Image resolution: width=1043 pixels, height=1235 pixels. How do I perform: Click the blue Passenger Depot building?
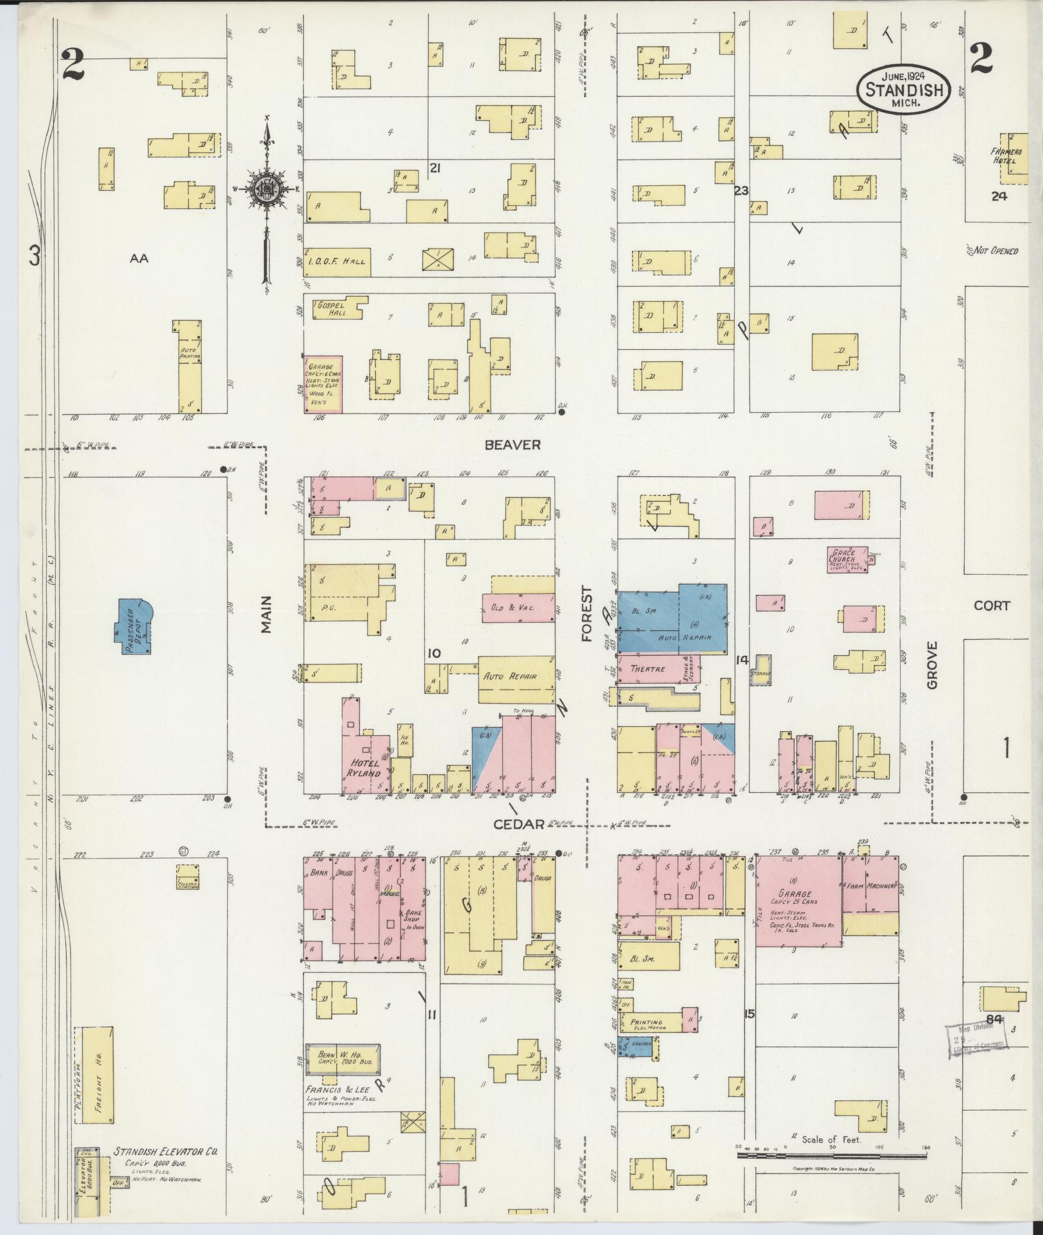pyautogui.click(x=134, y=626)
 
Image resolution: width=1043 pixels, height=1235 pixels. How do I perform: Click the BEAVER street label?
pyautogui.click(x=513, y=445)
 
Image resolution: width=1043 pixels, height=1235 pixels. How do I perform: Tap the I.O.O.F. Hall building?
pyautogui.click(x=338, y=262)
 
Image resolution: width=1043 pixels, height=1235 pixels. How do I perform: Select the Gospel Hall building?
pyautogui.click(x=335, y=308)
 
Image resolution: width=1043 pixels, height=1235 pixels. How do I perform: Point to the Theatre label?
pyautogui.click(x=648, y=668)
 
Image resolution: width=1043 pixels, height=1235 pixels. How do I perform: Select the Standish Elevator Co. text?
pyautogui.click(x=165, y=1152)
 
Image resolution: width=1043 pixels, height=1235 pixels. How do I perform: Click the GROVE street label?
pyautogui.click(x=931, y=665)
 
